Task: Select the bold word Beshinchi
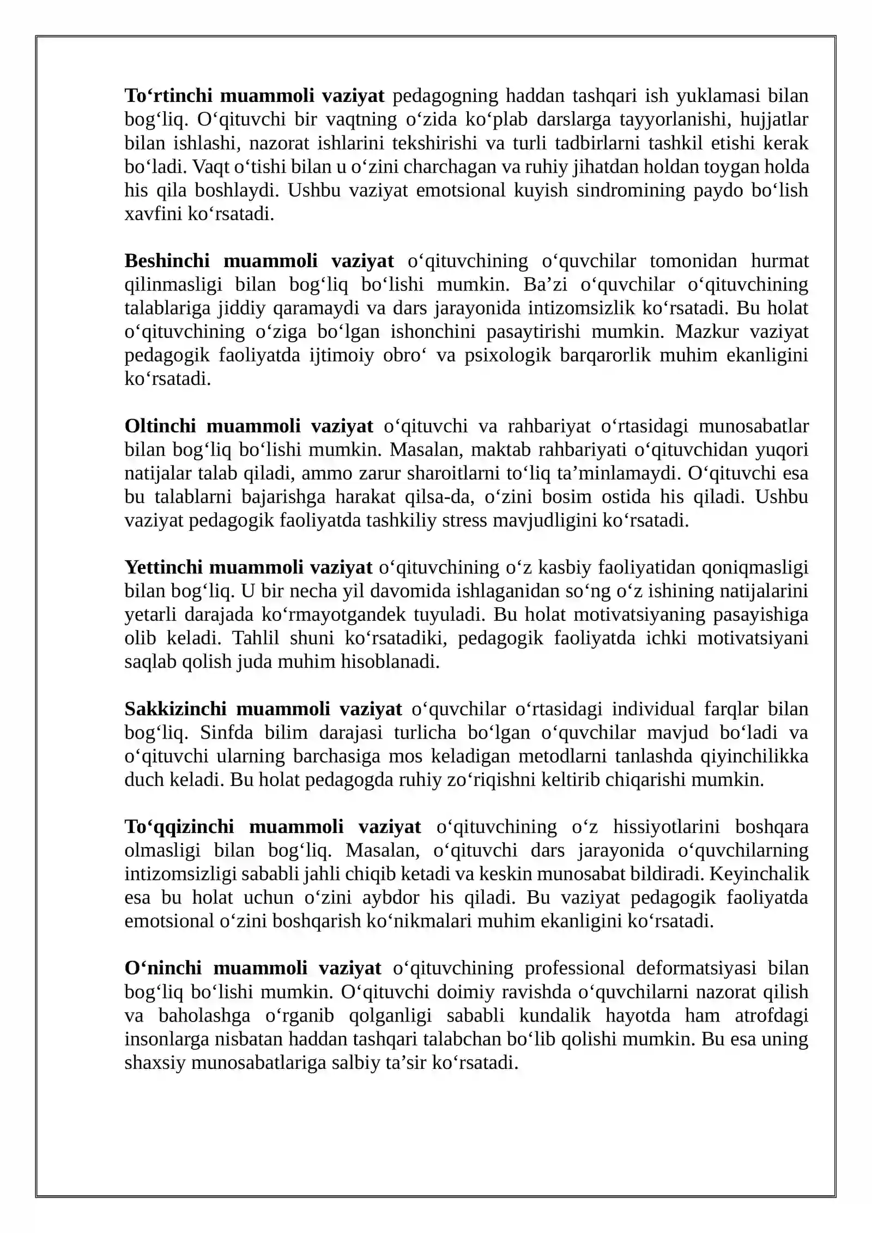pyautogui.click(x=167, y=261)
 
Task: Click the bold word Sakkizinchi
pyautogui.click(x=174, y=709)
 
